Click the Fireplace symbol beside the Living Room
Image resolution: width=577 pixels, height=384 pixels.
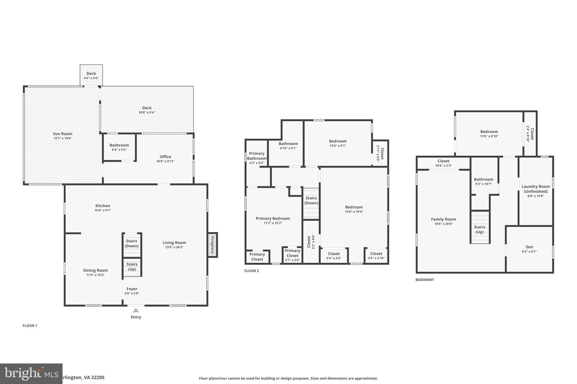(x=213, y=245)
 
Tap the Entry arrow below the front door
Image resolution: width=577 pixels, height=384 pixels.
(x=136, y=310)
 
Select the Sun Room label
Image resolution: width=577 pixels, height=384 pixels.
(x=63, y=134)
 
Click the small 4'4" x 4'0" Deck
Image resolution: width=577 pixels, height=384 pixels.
(x=91, y=75)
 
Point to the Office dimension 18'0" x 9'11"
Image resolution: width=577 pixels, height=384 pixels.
(x=165, y=161)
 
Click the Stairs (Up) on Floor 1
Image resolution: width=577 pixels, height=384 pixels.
(x=132, y=267)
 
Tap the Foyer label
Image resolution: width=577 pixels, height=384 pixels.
(x=132, y=289)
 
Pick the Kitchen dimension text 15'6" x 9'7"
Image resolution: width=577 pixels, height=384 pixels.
(x=103, y=210)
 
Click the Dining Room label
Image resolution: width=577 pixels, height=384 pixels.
(x=95, y=270)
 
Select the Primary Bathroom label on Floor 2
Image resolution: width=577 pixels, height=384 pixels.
(x=257, y=156)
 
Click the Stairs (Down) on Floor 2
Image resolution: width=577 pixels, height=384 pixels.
(x=311, y=201)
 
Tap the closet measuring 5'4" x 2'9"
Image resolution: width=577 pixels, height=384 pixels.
(x=334, y=256)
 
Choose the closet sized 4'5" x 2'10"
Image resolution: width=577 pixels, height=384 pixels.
(x=376, y=256)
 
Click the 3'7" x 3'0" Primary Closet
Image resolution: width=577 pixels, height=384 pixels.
(x=292, y=255)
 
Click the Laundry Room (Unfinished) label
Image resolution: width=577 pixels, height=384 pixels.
(x=536, y=189)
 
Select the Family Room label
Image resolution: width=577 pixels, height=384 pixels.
(x=443, y=219)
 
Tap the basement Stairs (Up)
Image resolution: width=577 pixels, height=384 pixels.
(x=480, y=230)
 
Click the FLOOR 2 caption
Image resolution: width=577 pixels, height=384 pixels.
(x=251, y=271)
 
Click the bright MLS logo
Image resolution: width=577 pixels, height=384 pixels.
(x=31, y=374)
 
